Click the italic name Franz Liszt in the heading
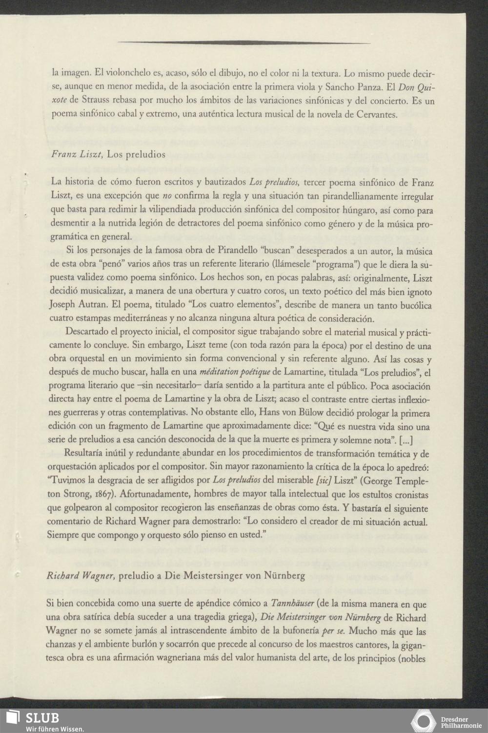pyautogui.click(x=76, y=155)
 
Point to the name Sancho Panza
pyautogui.click(x=357, y=88)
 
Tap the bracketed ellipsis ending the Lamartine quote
pyautogui.click(x=408, y=440)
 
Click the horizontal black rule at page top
pyautogui.click(x=244, y=42)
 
